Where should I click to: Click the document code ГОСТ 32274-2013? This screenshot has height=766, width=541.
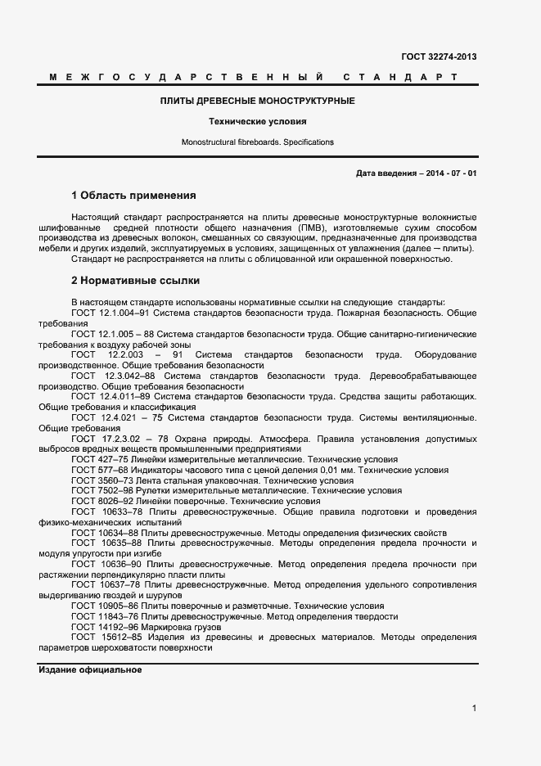[439, 56]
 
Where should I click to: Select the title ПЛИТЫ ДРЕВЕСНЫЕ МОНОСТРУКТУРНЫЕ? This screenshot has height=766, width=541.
[257, 101]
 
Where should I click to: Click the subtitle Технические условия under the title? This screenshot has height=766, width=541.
[257, 121]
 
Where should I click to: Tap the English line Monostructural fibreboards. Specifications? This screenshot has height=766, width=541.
[257, 142]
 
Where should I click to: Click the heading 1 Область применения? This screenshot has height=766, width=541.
[133, 196]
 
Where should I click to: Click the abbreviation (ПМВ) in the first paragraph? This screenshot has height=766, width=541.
[308, 227]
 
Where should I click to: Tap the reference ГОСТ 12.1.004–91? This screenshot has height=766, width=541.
[110, 313]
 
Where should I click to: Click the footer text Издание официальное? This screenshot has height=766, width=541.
[90, 670]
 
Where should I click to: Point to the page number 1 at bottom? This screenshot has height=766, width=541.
[474, 708]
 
